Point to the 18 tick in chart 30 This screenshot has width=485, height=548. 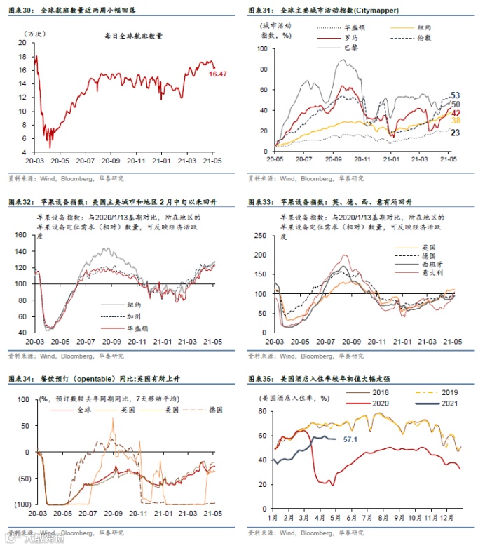22,57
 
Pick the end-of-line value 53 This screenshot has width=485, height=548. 455,95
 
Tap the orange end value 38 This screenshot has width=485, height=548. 455,121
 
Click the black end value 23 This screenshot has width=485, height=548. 455,133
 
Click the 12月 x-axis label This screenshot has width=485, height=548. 449,518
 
